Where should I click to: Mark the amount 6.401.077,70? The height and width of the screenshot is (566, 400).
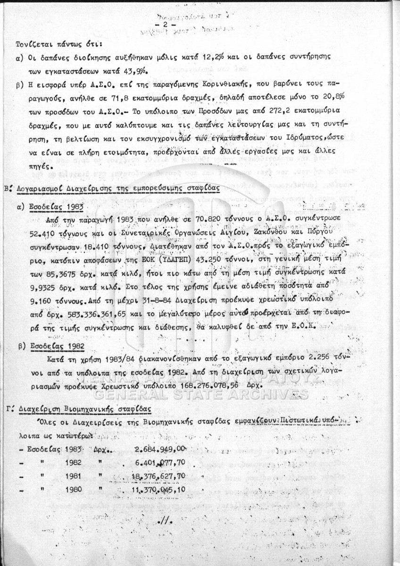click(160, 462)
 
